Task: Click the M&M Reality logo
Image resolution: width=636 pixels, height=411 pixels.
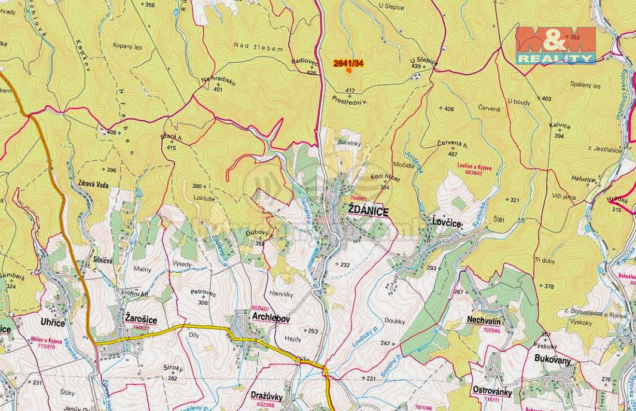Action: [556, 45]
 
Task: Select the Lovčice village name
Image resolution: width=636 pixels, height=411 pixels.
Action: [447, 223]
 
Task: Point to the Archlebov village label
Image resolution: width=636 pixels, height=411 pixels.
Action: [271, 319]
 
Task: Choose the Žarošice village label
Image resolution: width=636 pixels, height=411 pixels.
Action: [140, 320]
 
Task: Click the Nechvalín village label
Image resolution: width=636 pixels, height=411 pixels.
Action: [484, 320]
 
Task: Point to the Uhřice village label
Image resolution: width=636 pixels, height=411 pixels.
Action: [53, 322]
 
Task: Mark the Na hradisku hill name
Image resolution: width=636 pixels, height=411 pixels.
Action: [218, 81]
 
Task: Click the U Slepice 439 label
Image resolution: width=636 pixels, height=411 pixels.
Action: [423, 62]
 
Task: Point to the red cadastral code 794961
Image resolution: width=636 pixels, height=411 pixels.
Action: [359, 198]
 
